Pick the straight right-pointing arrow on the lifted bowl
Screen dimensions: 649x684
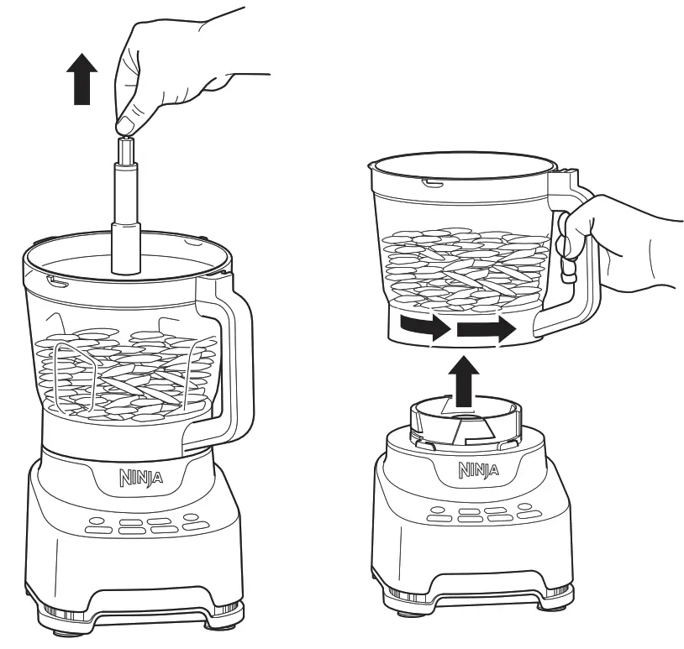[x=485, y=328]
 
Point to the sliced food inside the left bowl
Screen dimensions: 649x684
[x=126, y=374]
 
